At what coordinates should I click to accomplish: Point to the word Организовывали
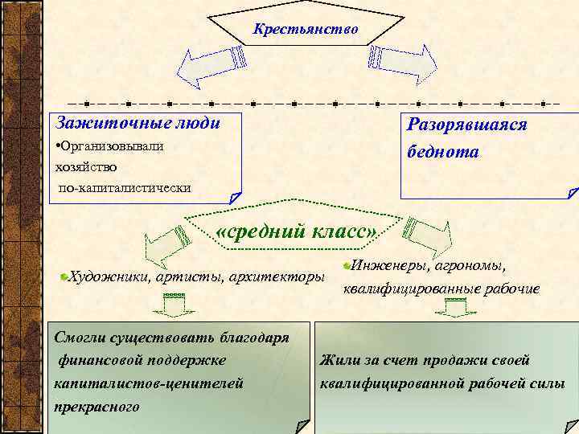[x=113, y=146]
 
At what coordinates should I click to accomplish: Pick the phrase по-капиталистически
[x=125, y=187]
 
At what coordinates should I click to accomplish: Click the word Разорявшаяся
[x=467, y=125]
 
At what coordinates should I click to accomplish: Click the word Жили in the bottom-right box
[x=336, y=360]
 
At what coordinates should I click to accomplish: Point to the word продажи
[x=452, y=360]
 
